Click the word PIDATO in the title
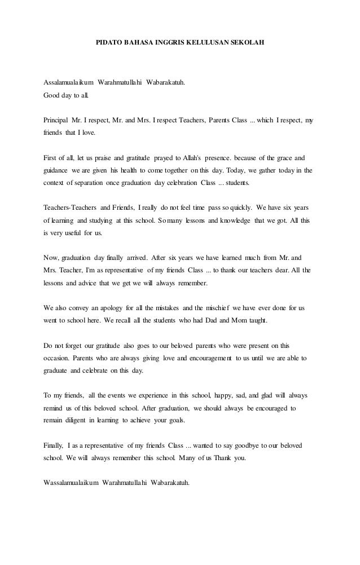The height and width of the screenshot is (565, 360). tap(104, 42)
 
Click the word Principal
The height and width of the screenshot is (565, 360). tap(56, 121)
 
